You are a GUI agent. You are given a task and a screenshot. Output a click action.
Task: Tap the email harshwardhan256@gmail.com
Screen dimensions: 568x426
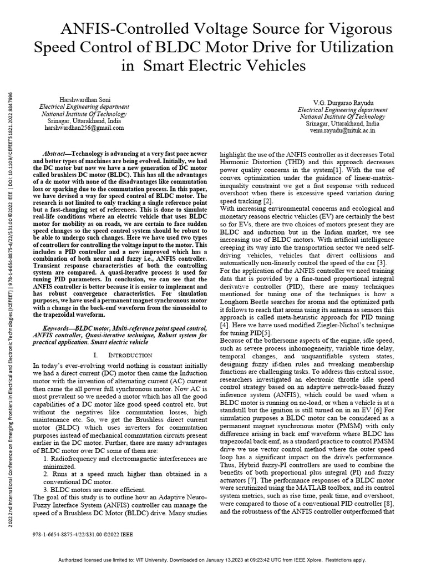(x=84, y=128)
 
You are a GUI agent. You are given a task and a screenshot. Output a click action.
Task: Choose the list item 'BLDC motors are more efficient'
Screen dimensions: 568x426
(x=102, y=490)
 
